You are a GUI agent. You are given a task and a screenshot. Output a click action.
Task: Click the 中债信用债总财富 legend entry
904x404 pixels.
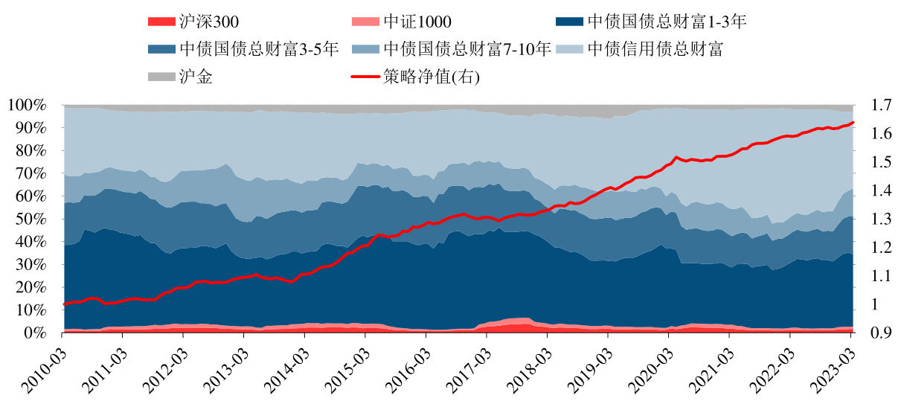point(655,49)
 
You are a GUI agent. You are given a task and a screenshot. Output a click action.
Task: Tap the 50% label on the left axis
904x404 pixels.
point(31,219)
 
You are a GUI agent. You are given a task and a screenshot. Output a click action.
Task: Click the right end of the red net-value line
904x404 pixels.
point(853,123)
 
